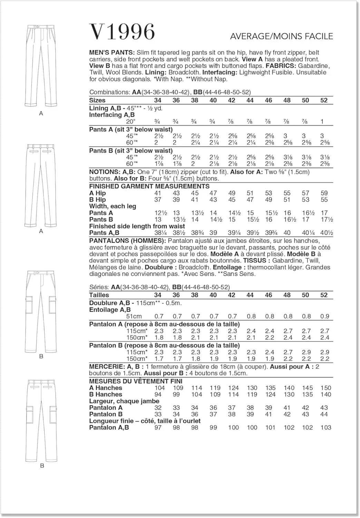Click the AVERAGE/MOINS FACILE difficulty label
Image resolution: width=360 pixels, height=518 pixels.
pos(281,36)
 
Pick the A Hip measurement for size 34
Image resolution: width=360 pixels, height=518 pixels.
pos(158,193)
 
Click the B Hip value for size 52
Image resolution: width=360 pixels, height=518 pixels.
pos(324,200)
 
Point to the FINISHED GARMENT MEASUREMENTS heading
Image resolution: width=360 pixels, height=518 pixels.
pos(149,186)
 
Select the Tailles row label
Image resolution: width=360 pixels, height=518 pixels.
pos(99,295)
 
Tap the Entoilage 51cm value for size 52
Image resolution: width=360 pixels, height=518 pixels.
pos(324,316)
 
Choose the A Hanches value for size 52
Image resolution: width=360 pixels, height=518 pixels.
pos(325,388)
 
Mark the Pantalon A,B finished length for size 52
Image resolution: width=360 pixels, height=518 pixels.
pos(325,428)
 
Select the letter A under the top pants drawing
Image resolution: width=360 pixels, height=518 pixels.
pos(41,114)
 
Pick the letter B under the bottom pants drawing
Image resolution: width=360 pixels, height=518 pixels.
pos(42,466)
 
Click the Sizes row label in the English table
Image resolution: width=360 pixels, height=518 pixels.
pos(97,100)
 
